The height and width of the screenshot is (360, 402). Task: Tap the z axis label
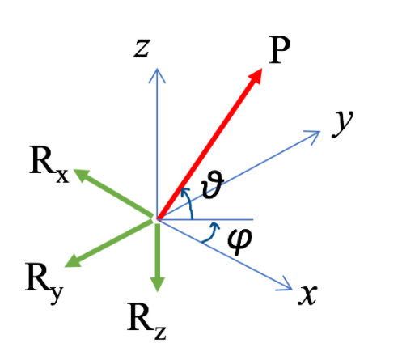pos(142,49)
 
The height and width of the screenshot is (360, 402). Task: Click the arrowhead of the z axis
pos(157,73)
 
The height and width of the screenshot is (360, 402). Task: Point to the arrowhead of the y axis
pos(314,135)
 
